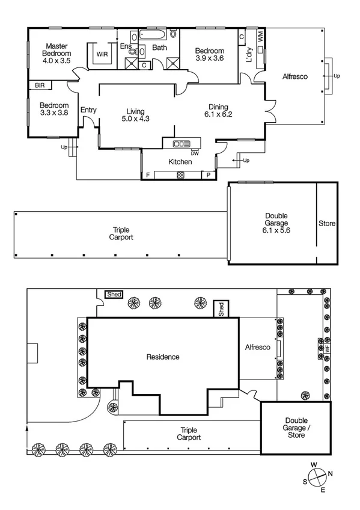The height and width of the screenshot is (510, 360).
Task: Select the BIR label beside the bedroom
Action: point(40,86)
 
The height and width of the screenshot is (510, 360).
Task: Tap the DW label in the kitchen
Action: point(194,153)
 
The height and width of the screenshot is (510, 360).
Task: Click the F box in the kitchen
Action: point(148,175)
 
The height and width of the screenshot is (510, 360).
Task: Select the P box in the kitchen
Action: point(209,175)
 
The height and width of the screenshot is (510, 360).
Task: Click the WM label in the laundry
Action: point(260,36)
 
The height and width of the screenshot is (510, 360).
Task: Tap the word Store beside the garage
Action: point(327,224)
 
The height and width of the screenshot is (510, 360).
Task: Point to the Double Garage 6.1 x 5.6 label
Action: point(276,223)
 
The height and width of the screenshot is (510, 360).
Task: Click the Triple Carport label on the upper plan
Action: point(121,233)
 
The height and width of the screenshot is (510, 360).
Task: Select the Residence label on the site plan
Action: point(163,357)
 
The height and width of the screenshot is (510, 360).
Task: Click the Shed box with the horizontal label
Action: point(114,294)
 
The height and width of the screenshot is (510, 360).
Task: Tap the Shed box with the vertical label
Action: point(221,309)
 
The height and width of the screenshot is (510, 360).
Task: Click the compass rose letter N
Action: point(331,473)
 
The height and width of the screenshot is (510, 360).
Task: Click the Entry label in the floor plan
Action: point(88,110)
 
